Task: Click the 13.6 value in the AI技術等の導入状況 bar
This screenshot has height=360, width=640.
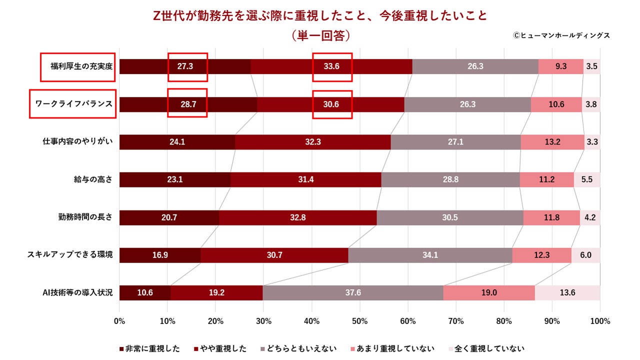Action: click(x=567, y=292)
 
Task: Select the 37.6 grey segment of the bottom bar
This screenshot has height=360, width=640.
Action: click(x=353, y=292)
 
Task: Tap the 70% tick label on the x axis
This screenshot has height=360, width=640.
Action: click(x=456, y=321)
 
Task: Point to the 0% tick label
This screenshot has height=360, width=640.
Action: click(x=119, y=321)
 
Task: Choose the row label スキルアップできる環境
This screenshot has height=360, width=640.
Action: click(x=70, y=255)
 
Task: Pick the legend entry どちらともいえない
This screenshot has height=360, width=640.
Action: click(x=299, y=348)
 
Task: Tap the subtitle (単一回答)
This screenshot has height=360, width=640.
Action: click(x=320, y=36)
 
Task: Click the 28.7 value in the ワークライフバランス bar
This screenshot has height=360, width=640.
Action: click(x=187, y=104)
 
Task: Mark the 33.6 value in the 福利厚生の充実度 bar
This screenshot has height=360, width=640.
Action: click(x=331, y=66)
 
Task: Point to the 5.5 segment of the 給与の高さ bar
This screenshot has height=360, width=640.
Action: click(x=587, y=179)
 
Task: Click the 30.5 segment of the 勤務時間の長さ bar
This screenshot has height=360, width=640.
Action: click(x=450, y=217)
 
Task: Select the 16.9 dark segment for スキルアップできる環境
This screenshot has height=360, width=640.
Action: click(x=160, y=255)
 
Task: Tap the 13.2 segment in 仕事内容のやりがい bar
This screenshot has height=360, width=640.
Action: click(x=552, y=142)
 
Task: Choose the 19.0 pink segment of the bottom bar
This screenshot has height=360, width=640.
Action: click(x=489, y=292)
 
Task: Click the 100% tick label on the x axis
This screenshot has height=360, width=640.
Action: click(x=600, y=321)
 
